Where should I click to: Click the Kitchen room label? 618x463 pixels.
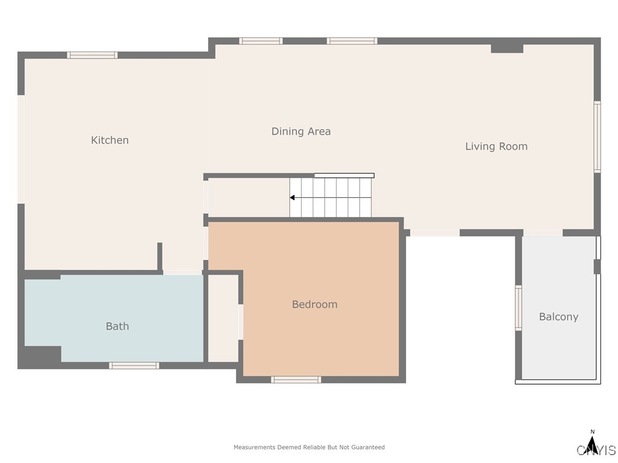tap(110, 140)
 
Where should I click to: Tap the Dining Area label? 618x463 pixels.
tap(301, 131)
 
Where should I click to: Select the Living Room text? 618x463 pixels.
tap(496, 146)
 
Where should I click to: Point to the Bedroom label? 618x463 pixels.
tap(314, 304)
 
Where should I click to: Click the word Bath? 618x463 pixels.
tap(117, 326)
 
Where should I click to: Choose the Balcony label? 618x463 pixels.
tap(558, 317)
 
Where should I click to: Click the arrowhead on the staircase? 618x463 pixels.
tap(292, 198)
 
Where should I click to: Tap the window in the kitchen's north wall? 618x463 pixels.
tap(92, 55)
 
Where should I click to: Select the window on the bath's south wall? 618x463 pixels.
tap(134, 365)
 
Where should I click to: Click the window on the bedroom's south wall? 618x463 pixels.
tap(296, 379)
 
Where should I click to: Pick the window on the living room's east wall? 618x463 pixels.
tap(597, 136)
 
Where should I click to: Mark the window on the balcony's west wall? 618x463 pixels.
tap(518, 307)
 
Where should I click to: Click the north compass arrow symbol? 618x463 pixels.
tap(593, 446)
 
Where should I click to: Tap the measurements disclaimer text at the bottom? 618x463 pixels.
tap(309, 447)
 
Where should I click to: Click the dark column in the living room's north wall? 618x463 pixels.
tap(507, 48)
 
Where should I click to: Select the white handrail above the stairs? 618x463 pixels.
tap(344, 175)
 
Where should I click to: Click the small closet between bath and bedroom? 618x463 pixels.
tap(223, 318)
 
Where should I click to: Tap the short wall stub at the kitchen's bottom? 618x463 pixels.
tap(160, 256)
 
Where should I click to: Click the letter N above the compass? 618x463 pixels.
tap(593, 432)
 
